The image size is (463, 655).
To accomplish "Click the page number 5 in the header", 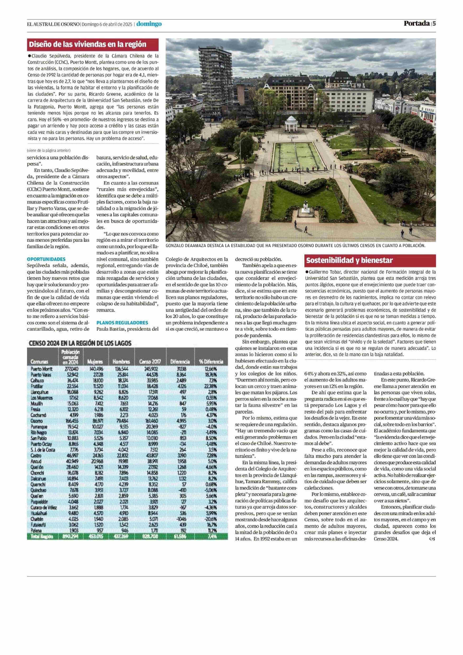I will [434, 24].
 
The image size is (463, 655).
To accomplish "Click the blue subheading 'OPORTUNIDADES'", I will [46, 259].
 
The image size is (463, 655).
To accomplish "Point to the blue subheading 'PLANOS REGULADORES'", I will [122, 323].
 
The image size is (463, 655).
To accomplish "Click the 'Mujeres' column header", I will [95, 362].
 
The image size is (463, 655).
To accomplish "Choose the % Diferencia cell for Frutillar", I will [211, 386].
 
